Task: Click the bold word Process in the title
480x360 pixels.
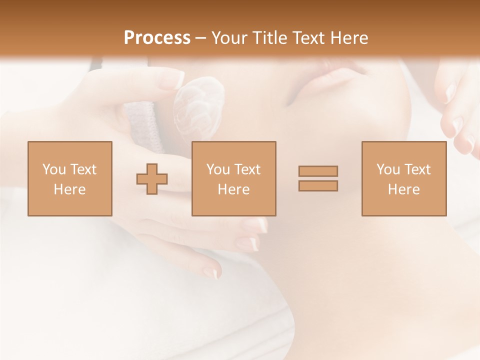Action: click(x=157, y=38)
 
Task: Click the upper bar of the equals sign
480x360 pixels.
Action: click(x=318, y=171)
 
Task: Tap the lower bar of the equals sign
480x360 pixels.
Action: click(x=318, y=186)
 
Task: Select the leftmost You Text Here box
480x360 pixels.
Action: click(x=69, y=178)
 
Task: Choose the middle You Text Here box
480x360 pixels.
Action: click(x=233, y=178)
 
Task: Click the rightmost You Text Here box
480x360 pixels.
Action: click(x=403, y=178)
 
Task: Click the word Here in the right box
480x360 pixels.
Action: click(x=403, y=189)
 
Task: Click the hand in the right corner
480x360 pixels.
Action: click(x=457, y=110)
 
